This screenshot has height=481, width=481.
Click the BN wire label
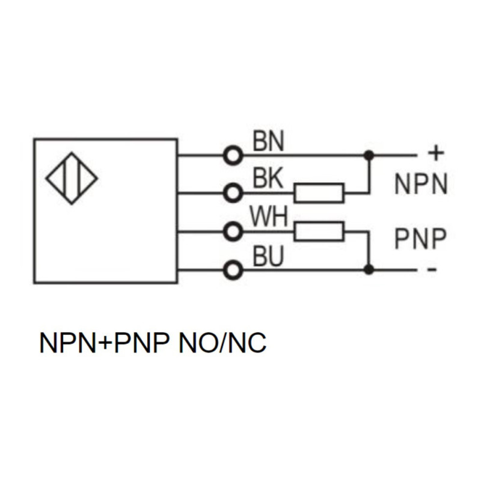pos(268,141)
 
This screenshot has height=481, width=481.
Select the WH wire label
pos(269,216)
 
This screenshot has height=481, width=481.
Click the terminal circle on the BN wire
pos(233,156)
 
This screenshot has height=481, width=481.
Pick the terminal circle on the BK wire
pos(233,193)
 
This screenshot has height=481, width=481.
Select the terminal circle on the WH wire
pos(233,231)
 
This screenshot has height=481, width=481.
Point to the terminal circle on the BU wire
pos(233,270)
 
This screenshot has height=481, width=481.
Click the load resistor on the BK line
pos(319,193)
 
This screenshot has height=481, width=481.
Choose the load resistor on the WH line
pos(319,231)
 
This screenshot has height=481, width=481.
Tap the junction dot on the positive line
pos(369,156)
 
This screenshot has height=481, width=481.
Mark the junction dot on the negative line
pos(369,270)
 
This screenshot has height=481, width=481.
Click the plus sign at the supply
pos(435,153)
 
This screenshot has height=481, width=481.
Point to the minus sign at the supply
pos(432,269)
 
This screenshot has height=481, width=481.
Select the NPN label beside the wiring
pos(421,184)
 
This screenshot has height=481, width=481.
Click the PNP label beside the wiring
pos(420,238)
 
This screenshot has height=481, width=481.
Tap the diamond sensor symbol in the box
pos(72,178)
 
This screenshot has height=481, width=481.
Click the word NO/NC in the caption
pos(222,343)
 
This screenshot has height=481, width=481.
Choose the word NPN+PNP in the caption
pos(105,343)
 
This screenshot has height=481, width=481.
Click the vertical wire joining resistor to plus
pos(369,174)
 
